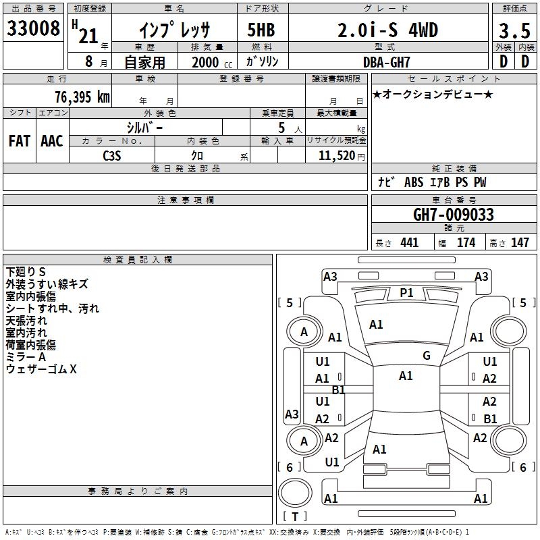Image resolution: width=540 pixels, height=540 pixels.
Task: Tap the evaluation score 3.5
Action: tap(513, 30)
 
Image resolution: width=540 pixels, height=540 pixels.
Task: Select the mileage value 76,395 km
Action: tap(82, 97)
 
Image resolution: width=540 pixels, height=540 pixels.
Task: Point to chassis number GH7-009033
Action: tap(453, 215)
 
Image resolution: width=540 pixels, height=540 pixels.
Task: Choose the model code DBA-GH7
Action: tap(387, 61)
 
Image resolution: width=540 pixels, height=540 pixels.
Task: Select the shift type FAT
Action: tap(19, 141)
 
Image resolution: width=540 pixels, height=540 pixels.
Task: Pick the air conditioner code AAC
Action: tap(52, 141)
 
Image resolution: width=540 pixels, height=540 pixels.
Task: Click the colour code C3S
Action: tap(112, 155)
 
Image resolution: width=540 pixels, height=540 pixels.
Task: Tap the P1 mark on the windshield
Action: tap(406, 292)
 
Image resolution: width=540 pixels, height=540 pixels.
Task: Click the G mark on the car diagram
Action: tap(426, 356)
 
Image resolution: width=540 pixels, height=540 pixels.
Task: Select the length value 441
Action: tap(409, 243)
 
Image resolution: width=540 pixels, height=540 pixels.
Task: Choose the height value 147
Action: tap(519, 243)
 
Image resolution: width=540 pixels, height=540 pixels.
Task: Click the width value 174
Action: tap(466, 243)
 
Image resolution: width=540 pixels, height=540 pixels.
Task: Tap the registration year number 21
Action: tap(88, 35)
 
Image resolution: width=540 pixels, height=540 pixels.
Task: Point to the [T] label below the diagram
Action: tap(295, 517)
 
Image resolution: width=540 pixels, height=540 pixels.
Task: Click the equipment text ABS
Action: tap(414, 183)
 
